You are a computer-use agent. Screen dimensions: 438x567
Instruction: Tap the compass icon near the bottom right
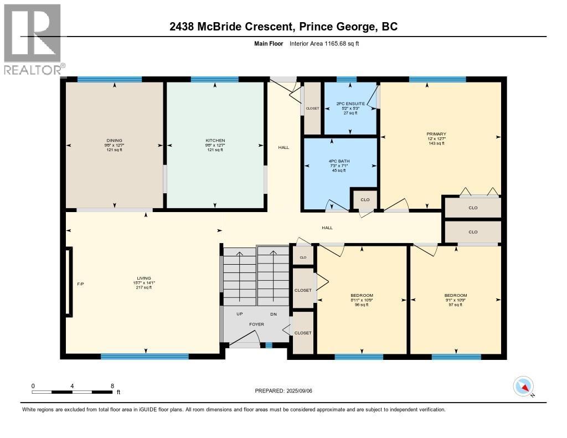523,386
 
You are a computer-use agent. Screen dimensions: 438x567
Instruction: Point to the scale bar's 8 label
112,386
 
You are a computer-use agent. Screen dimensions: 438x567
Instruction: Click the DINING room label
115,141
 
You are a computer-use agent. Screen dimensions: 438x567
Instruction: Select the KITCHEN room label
215,141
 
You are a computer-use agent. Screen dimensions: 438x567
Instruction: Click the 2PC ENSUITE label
350,104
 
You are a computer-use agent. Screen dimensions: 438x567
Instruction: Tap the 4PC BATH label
338,161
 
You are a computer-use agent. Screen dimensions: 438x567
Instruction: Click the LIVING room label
145,279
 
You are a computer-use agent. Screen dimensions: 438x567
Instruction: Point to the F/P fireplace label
80,284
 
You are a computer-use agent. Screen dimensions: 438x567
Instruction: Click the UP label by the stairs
240,314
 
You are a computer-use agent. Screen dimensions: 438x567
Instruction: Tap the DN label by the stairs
274,314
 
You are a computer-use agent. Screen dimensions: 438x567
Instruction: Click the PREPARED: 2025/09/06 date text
287,390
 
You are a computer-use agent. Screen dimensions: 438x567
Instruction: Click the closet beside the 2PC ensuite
312,109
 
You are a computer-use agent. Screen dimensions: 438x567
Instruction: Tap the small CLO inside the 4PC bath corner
365,200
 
